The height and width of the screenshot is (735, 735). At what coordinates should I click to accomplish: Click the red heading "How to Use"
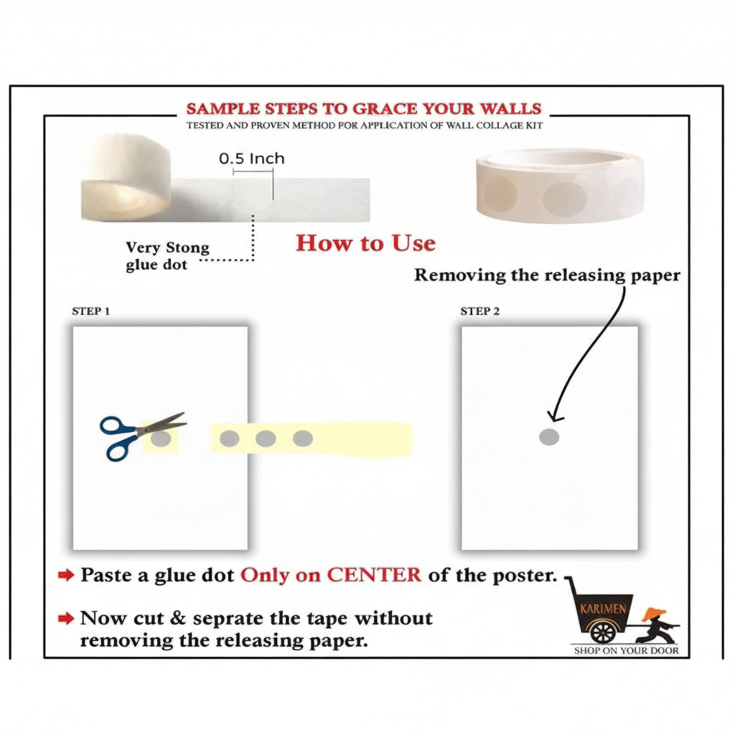tap(365, 243)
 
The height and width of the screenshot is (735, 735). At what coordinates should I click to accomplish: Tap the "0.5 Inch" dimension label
tap(252, 159)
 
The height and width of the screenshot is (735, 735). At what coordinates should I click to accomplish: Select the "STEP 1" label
tap(91, 312)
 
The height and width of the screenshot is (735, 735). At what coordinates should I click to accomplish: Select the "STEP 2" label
tap(480, 312)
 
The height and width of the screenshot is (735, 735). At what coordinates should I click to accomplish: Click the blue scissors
tap(141, 435)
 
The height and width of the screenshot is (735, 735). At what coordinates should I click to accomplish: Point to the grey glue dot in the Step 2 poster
tap(549, 437)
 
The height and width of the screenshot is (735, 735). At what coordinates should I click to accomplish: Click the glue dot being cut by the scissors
tap(161, 439)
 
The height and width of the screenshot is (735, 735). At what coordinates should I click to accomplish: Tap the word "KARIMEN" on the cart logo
tap(603, 609)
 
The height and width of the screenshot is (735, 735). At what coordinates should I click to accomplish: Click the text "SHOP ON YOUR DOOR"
tap(626, 650)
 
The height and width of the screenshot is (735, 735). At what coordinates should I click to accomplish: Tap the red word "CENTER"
tap(373, 575)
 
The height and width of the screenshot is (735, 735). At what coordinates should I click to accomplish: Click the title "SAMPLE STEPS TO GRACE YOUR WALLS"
tap(364, 109)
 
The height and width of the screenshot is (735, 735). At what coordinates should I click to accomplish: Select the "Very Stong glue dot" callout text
tap(167, 256)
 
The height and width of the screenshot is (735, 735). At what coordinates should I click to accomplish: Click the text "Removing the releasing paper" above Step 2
tap(547, 275)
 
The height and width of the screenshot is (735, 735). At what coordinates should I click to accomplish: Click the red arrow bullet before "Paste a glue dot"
tap(66, 575)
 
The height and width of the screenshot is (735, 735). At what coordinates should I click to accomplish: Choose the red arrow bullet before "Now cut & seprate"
tap(66, 618)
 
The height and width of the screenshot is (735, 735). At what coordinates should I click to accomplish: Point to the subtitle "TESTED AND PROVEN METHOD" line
tap(364, 126)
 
